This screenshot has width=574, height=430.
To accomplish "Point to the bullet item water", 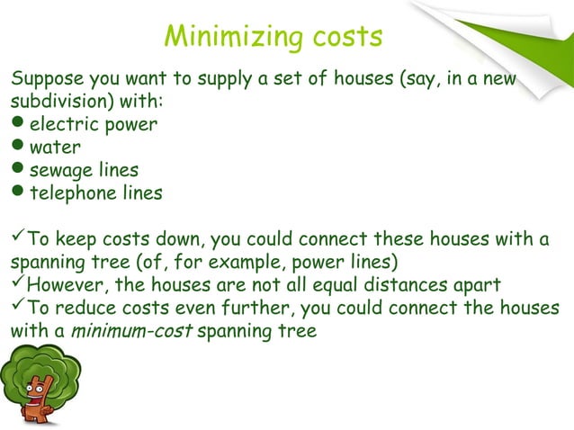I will coord(55,147).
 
